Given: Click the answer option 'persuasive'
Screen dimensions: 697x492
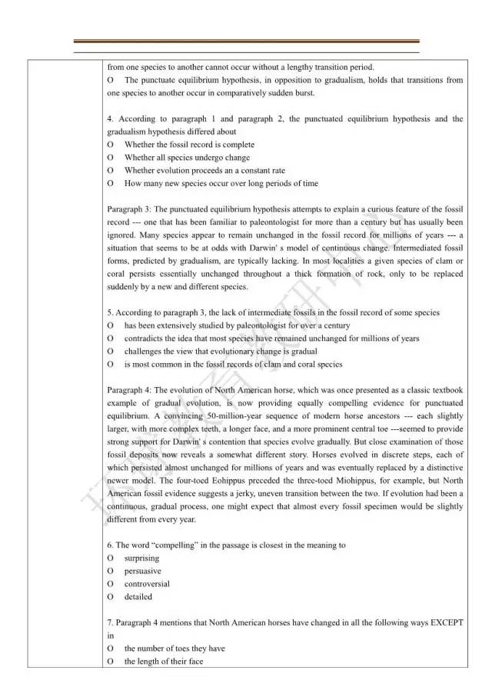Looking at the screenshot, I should click(x=142, y=571).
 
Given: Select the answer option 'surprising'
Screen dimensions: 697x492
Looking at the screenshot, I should click(x=141, y=558).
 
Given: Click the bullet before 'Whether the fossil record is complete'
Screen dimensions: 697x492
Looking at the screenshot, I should click(x=111, y=145).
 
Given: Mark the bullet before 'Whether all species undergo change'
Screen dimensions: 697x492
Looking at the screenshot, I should click(x=111, y=158).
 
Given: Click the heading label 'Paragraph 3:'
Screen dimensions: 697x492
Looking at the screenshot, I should click(x=129, y=209).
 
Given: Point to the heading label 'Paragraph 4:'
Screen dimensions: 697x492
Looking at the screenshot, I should click(x=129, y=390).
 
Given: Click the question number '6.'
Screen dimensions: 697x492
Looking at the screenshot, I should click(x=111, y=545).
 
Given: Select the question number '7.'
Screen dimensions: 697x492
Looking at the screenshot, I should click(x=111, y=622).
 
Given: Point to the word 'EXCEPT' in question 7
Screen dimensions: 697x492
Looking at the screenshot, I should click(x=447, y=622).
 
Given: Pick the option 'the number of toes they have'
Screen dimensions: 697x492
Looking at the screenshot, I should click(x=175, y=649).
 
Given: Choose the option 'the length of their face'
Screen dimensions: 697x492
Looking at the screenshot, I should click(x=164, y=662).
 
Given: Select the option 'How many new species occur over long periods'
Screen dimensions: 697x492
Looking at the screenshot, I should click(x=221, y=183).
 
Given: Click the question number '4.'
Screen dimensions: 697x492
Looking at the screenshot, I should click(x=111, y=119).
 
